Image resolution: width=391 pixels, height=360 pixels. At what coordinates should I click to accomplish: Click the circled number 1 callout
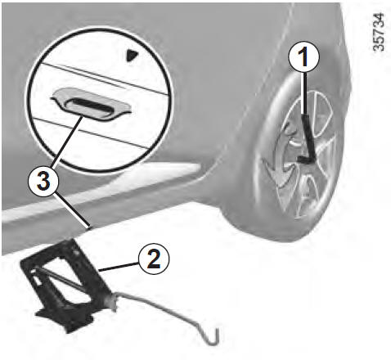[303, 57]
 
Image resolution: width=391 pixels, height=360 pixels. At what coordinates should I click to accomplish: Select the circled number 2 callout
[154, 259]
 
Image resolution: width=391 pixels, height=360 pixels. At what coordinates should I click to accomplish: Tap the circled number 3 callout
[43, 182]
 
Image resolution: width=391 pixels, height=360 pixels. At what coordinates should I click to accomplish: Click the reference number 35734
[379, 32]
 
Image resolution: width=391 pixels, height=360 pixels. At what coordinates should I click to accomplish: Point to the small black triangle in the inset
[132, 56]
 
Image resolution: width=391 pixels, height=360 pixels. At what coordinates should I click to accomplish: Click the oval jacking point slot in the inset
[89, 105]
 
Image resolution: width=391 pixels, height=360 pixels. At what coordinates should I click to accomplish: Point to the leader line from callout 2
[119, 267]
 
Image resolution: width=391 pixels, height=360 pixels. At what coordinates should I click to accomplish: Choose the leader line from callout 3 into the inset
[67, 142]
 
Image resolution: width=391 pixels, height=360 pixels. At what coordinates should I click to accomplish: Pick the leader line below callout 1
[304, 93]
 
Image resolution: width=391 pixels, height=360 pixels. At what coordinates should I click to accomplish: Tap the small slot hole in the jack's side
[36, 281]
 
